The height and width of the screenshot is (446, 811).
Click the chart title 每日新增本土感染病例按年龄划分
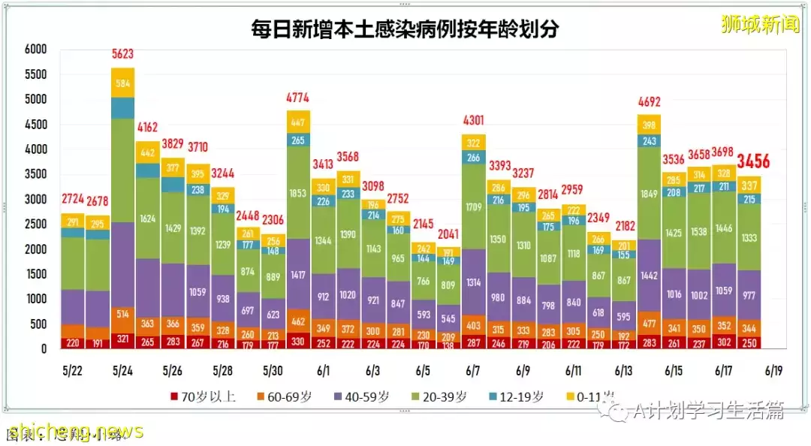click(405, 30)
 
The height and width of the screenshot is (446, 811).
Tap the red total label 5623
click(123, 53)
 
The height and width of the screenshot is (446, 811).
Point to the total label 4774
click(298, 97)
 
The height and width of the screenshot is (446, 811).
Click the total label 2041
click(448, 234)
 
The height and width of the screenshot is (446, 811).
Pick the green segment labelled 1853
click(298, 193)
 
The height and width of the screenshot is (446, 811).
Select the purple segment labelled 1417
click(298, 274)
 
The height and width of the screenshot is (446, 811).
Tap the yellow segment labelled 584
click(123, 83)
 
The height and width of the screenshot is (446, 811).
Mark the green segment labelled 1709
click(473, 206)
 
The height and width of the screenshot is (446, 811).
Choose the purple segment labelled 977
click(749, 295)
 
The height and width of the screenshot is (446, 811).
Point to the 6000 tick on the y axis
click(35, 50)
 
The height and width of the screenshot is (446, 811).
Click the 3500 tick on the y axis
click(35, 174)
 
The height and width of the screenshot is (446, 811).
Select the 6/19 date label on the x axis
click(773, 371)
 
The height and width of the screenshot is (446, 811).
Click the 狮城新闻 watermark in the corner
click(760, 24)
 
